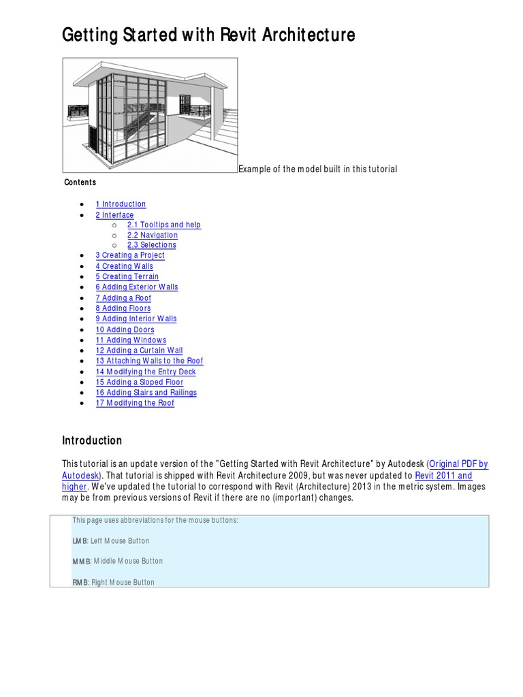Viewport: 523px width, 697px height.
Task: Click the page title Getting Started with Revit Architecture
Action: pyautogui.click(x=208, y=35)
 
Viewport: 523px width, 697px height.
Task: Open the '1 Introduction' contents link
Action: pyautogui.click(x=121, y=204)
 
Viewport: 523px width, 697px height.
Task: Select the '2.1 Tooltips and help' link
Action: pyautogui.click(x=163, y=225)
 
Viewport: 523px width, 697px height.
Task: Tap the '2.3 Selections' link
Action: pyautogui.click(x=151, y=245)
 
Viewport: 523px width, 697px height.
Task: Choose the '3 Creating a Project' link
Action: pyautogui.click(x=130, y=255)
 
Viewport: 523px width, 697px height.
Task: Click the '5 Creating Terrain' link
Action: pyautogui.click(x=127, y=277)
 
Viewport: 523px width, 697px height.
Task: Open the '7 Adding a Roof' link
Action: pyautogui.click(x=123, y=298)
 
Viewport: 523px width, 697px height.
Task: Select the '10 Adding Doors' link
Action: pyautogui.click(x=125, y=330)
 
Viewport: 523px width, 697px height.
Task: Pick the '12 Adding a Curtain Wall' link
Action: pyautogui.click(x=139, y=351)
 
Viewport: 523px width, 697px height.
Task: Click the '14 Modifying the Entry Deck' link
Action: pyautogui.click(x=146, y=372)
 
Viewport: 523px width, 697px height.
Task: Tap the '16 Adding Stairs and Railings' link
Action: pyautogui.click(x=146, y=393)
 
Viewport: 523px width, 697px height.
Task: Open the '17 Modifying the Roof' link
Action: pyautogui.click(x=135, y=403)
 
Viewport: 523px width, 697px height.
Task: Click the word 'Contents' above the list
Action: pyautogui.click(x=80, y=182)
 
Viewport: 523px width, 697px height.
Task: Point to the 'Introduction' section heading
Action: pyautogui.click(x=92, y=440)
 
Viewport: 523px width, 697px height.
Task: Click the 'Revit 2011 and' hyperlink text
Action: pyautogui.click(x=443, y=476)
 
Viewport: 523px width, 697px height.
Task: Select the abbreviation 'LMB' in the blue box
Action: pyautogui.click(x=80, y=541)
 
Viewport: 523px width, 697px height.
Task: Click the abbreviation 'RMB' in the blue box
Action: pyautogui.click(x=80, y=583)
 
